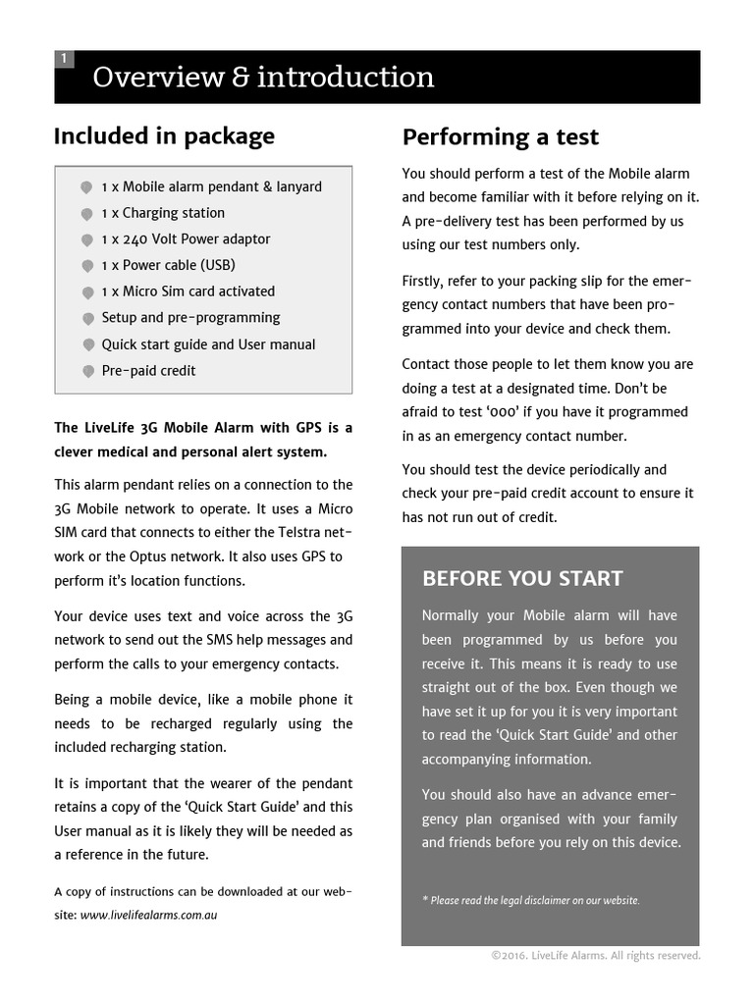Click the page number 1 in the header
(x=64, y=59)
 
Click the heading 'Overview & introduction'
(x=263, y=78)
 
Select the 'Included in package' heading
(x=164, y=135)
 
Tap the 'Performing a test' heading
(x=500, y=136)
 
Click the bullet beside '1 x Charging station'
(x=86, y=214)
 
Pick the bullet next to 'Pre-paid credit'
(x=86, y=372)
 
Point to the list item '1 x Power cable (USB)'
(x=168, y=265)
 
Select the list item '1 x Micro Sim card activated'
(x=188, y=291)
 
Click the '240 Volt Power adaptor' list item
(x=186, y=238)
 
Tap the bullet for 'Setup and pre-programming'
(x=86, y=319)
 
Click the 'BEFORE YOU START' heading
(x=522, y=578)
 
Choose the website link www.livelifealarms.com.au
(x=148, y=915)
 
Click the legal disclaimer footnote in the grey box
(x=530, y=900)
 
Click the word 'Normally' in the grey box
(x=451, y=615)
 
